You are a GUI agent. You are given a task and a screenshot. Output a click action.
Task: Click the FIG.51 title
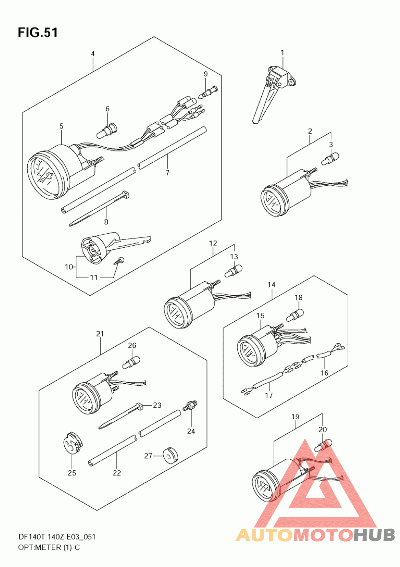[37, 33]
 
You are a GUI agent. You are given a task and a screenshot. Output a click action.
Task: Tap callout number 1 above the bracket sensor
[282, 53]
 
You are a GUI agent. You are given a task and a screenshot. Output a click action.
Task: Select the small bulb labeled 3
[330, 159]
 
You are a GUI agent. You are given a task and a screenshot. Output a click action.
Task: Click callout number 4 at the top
[93, 54]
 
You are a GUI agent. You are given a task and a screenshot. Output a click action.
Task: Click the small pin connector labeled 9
[208, 91]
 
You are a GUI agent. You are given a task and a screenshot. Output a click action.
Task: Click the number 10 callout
[68, 267]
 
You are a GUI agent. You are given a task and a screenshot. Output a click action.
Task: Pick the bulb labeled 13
[234, 270]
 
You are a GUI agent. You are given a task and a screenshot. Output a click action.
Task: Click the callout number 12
[213, 243]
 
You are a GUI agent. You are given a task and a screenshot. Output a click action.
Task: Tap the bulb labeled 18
[295, 313]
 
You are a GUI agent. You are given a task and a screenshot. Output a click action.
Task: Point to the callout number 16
[324, 372]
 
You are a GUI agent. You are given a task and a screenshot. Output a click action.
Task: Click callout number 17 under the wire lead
[269, 395]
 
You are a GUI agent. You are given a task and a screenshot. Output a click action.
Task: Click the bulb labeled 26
[131, 362]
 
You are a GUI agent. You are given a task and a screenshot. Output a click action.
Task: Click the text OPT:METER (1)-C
[49, 547]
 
